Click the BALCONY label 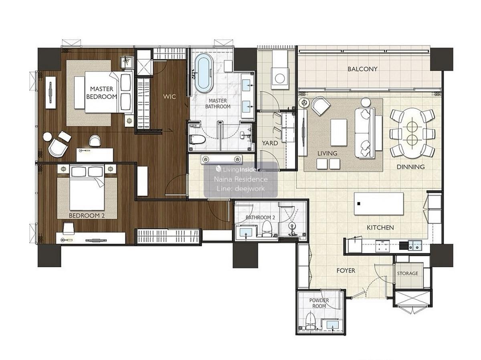point(362,69)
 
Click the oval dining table point(412,133)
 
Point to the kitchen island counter point(379,204)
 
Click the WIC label point(170,97)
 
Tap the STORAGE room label point(407,273)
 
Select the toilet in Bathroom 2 point(267,229)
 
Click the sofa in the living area point(365,133)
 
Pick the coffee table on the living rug point(339,132)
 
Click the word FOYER point(346,271)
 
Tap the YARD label point(270,143)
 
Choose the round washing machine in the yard point(280,78)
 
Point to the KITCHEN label point(380,228)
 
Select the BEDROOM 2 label point(87,216)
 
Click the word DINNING point(411,167)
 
